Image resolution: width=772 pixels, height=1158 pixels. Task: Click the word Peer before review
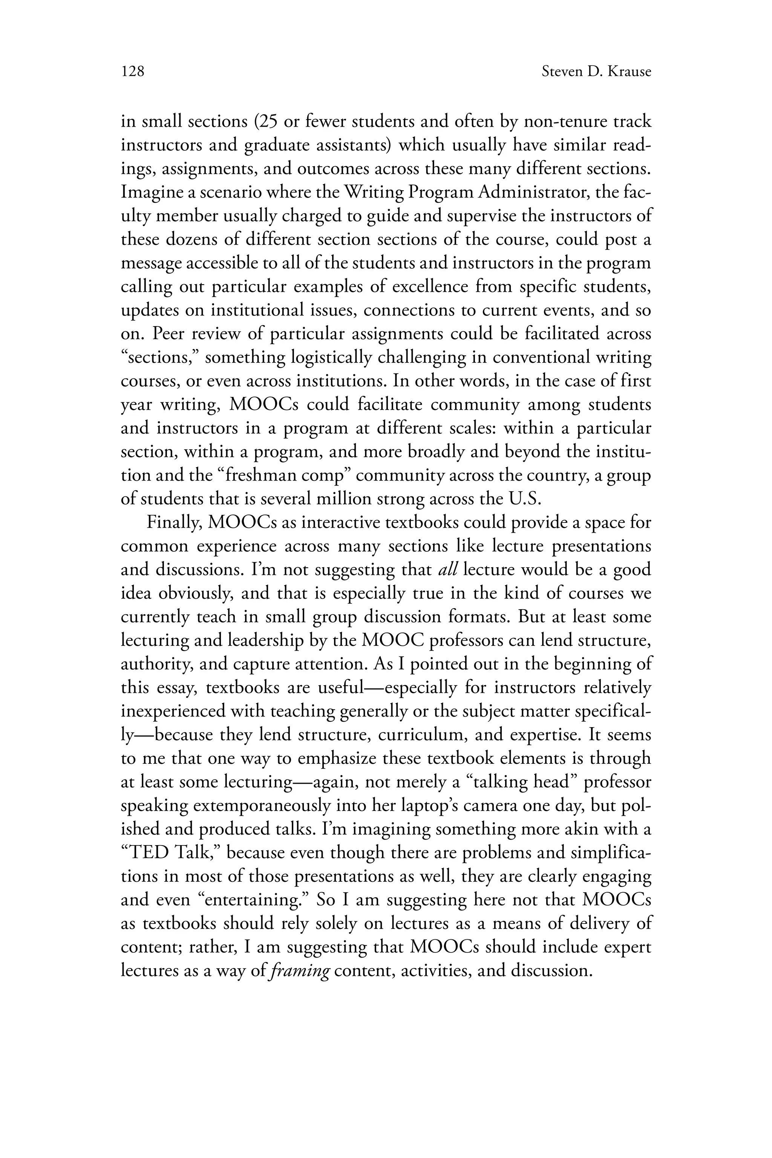[x=169, y=334]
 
